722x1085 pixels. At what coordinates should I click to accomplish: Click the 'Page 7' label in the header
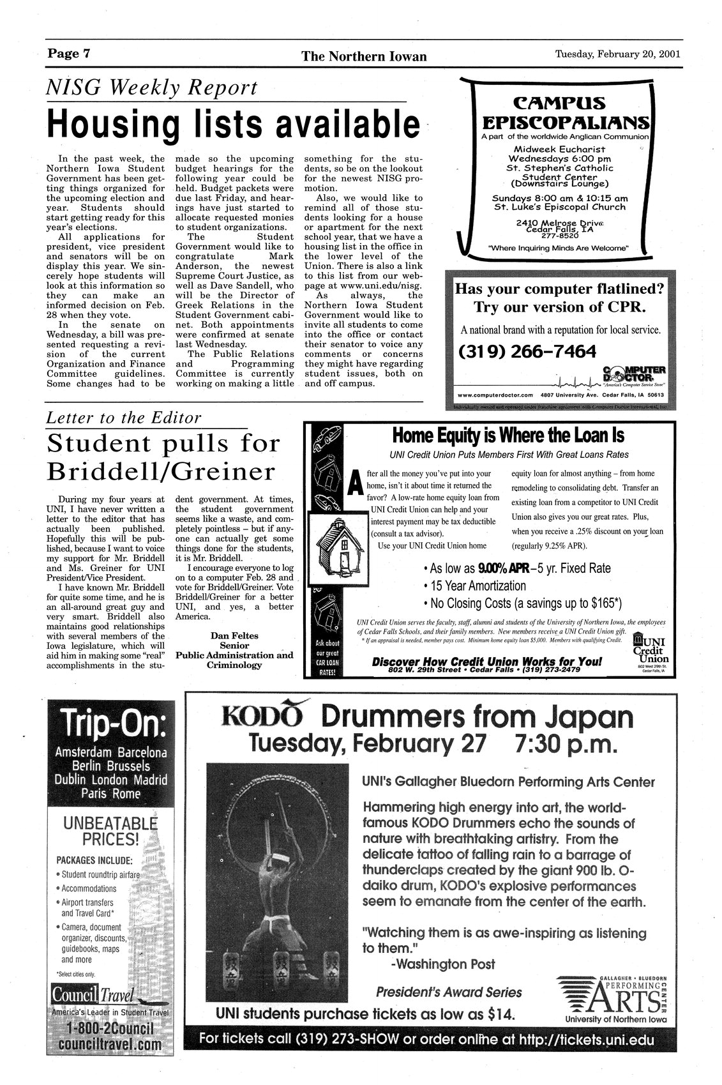pyautogui.click(x=69, y=54)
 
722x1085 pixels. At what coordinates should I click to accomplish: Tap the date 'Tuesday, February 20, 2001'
pyautogui.click(x=617, y=54)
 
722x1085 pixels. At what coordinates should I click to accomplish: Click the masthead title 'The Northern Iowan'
pyautogui.click(x=364, y=56)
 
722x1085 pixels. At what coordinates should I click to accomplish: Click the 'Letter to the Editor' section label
pyautogui.click(x=124, y=418)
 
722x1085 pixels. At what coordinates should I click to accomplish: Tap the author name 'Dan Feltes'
pyautogui.click(x=234, y=635)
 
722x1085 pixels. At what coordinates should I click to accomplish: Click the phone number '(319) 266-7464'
pyautogui.click(x=527, y=352)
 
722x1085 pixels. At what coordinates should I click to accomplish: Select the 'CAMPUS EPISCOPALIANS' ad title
pyautogui.click(x=559, y=112)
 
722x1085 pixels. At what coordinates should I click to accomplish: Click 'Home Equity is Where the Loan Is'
pyautogui.click(x=508, y=436)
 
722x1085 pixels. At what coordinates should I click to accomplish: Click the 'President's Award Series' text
pyautogui.click(x=449, y=992)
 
